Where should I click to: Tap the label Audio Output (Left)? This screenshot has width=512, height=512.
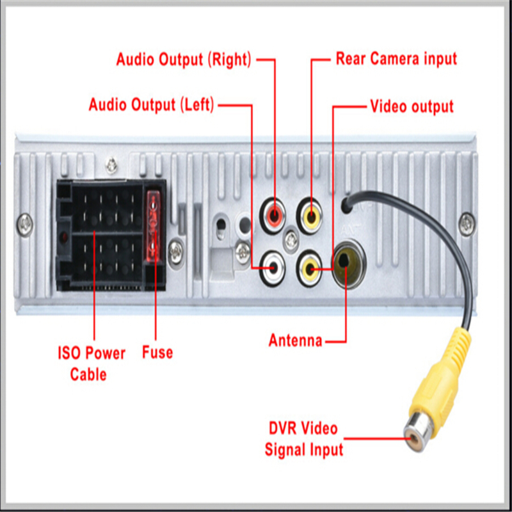152,104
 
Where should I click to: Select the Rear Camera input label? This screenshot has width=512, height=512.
396,59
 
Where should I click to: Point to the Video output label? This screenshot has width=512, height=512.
412,106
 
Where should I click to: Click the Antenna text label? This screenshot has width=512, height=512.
295,340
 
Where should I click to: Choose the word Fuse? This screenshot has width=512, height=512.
157,351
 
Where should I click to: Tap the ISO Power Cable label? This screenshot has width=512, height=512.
92,363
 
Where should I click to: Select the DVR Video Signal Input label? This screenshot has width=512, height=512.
304,438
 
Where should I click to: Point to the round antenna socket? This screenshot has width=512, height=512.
346,261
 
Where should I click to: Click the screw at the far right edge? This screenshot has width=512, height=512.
468,222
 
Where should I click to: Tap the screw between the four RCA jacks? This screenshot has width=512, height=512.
292,241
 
